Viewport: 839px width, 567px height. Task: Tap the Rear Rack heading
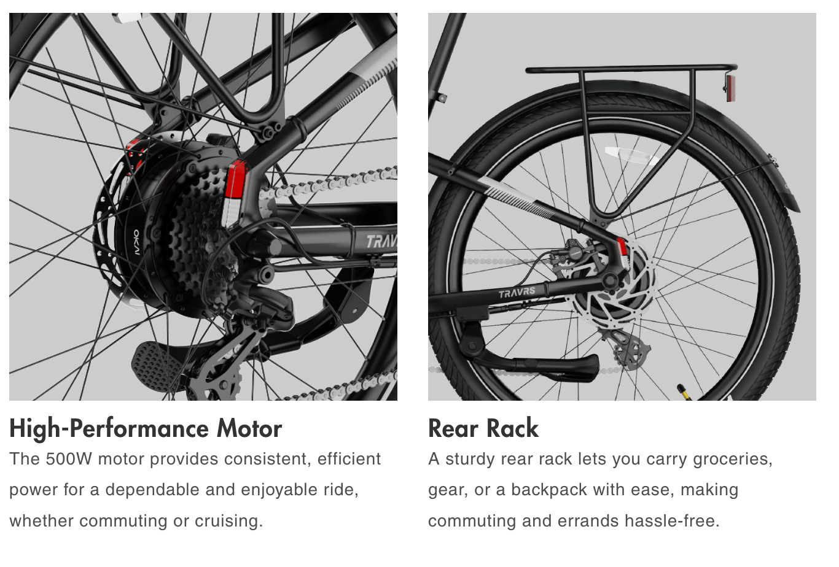coord(483,428)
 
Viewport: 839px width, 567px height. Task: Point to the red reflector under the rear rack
coord(730,89)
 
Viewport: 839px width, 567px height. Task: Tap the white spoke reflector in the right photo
coord(632,155)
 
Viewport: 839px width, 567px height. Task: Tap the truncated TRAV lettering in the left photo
coord(381,242)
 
